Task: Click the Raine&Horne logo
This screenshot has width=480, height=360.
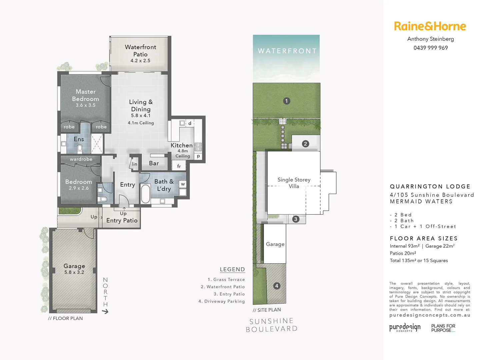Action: [x=430, y=26]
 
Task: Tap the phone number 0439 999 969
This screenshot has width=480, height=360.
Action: [x=430, y=48]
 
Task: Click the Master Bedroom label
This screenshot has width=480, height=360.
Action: [x=85, y=95]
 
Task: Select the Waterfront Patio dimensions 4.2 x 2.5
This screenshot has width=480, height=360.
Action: [x=140, y=61]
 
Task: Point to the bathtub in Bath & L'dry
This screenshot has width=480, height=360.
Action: [x=146, y=193]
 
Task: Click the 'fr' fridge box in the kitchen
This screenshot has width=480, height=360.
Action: [x=179, y=166]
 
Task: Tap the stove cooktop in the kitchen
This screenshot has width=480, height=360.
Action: [x=198, y=147]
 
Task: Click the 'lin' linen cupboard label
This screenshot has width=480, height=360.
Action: [x=134, y=164]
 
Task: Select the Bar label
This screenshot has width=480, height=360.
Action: [x=154, y=163]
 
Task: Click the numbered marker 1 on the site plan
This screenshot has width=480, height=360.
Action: [x=286, y=101]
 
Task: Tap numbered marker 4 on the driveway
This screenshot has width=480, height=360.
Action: [x=276, y=286]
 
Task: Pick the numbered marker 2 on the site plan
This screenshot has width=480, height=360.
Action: [x=305, y=144]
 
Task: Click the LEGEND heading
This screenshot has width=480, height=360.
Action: [x=232, y=269]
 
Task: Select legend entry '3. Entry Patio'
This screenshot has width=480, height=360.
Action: [x=229, y=294]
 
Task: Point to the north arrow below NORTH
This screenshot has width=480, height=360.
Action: [x=105, y=311]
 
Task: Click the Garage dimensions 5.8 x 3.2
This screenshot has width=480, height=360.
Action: [x=74, y=272]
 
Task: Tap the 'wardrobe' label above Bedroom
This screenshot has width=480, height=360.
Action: [x=81, y=159]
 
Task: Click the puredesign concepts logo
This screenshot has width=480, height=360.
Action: [x=405, y=327]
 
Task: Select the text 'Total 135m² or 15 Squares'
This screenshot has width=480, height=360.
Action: [x=419, y=261]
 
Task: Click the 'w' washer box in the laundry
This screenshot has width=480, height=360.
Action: [x=183, y=184]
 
